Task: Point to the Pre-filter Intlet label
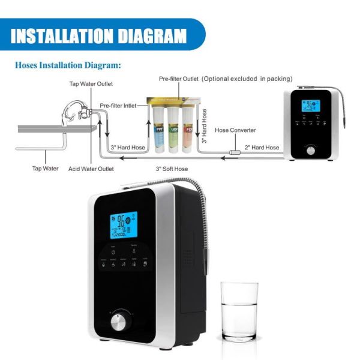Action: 118,106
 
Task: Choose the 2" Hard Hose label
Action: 262,148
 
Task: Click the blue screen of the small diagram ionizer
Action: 311,106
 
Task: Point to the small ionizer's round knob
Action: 311,148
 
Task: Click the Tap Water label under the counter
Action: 45,169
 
